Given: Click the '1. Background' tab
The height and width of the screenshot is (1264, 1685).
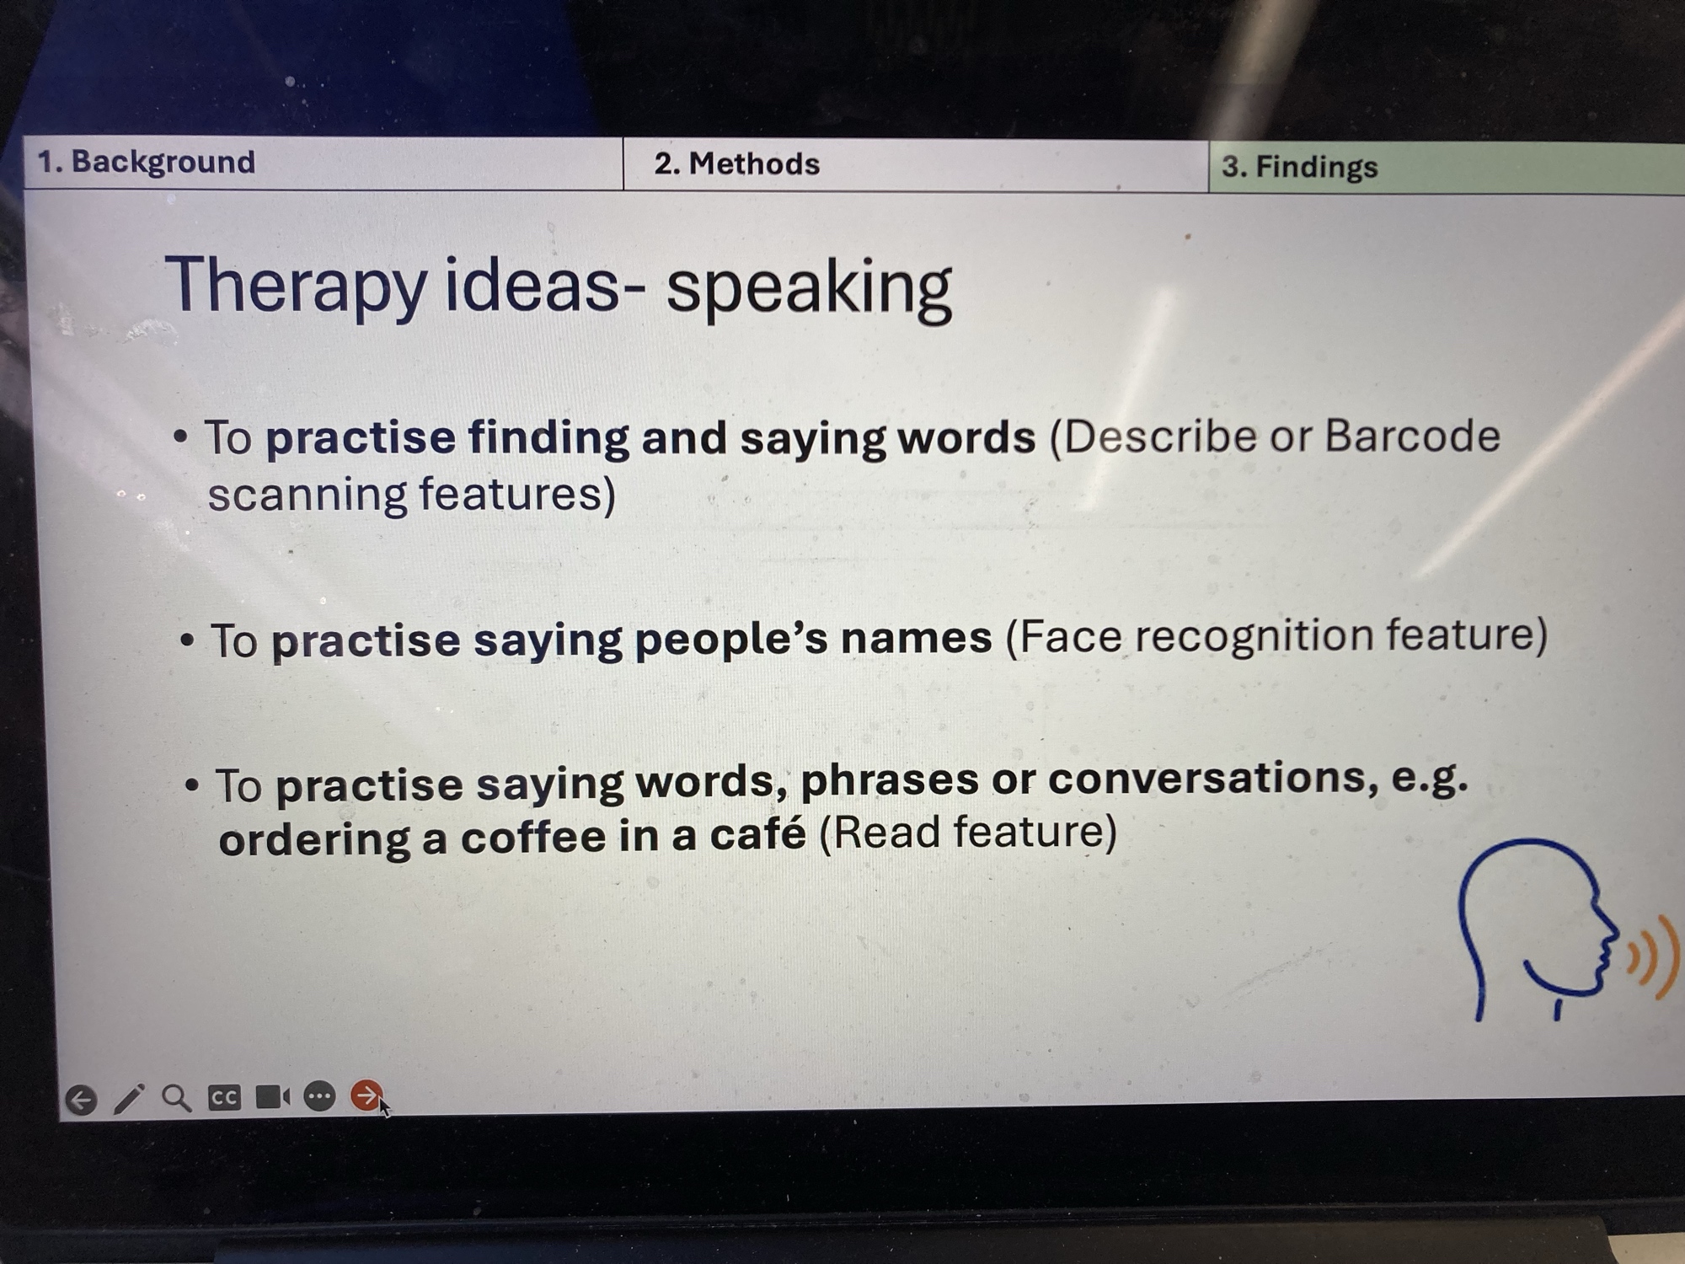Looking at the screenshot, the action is pos(324,163).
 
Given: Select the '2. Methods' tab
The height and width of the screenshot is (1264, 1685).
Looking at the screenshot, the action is pos(916,165).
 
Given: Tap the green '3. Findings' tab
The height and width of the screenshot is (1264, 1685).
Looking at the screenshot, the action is pos(1447,168).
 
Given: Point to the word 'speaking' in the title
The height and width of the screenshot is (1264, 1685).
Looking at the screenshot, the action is pos(809,289).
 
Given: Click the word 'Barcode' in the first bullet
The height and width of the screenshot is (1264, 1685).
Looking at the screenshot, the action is pos(1412,436).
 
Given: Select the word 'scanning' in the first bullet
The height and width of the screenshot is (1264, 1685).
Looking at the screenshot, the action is pos(307,495).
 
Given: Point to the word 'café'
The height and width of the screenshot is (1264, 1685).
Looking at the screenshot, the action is pos(757,833).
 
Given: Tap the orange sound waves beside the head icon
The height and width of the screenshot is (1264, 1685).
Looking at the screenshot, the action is pos(1652,957).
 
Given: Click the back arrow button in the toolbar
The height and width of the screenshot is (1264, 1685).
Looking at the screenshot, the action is pos(81,1100).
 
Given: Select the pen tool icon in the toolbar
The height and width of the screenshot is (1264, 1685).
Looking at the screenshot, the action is pos(129,1099).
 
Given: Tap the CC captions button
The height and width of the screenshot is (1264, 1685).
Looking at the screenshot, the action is pos(224,1097).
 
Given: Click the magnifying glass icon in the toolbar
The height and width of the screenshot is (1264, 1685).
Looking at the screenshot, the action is pos(176,1098).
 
